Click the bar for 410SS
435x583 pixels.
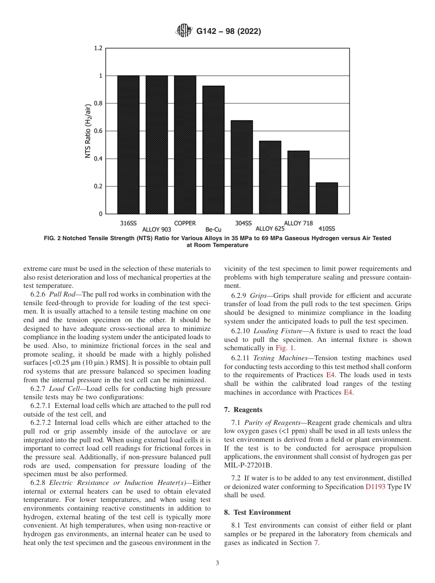point(326,198)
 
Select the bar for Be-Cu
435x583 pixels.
point(213,150)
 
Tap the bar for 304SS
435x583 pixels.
point(242,167)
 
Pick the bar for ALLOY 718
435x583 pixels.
point(298,182)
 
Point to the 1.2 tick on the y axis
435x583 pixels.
point(98,48)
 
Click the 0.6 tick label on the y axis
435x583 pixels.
point(98,131)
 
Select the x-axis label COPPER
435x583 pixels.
point(185,223)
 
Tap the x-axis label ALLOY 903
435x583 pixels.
point(157,229)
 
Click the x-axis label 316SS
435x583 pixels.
point(128,223)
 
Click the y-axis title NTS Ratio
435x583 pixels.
point(88,131)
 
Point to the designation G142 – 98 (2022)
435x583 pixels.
point(228,32)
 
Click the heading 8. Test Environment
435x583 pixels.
point(262,512)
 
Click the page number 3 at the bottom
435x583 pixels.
point(217,563)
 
